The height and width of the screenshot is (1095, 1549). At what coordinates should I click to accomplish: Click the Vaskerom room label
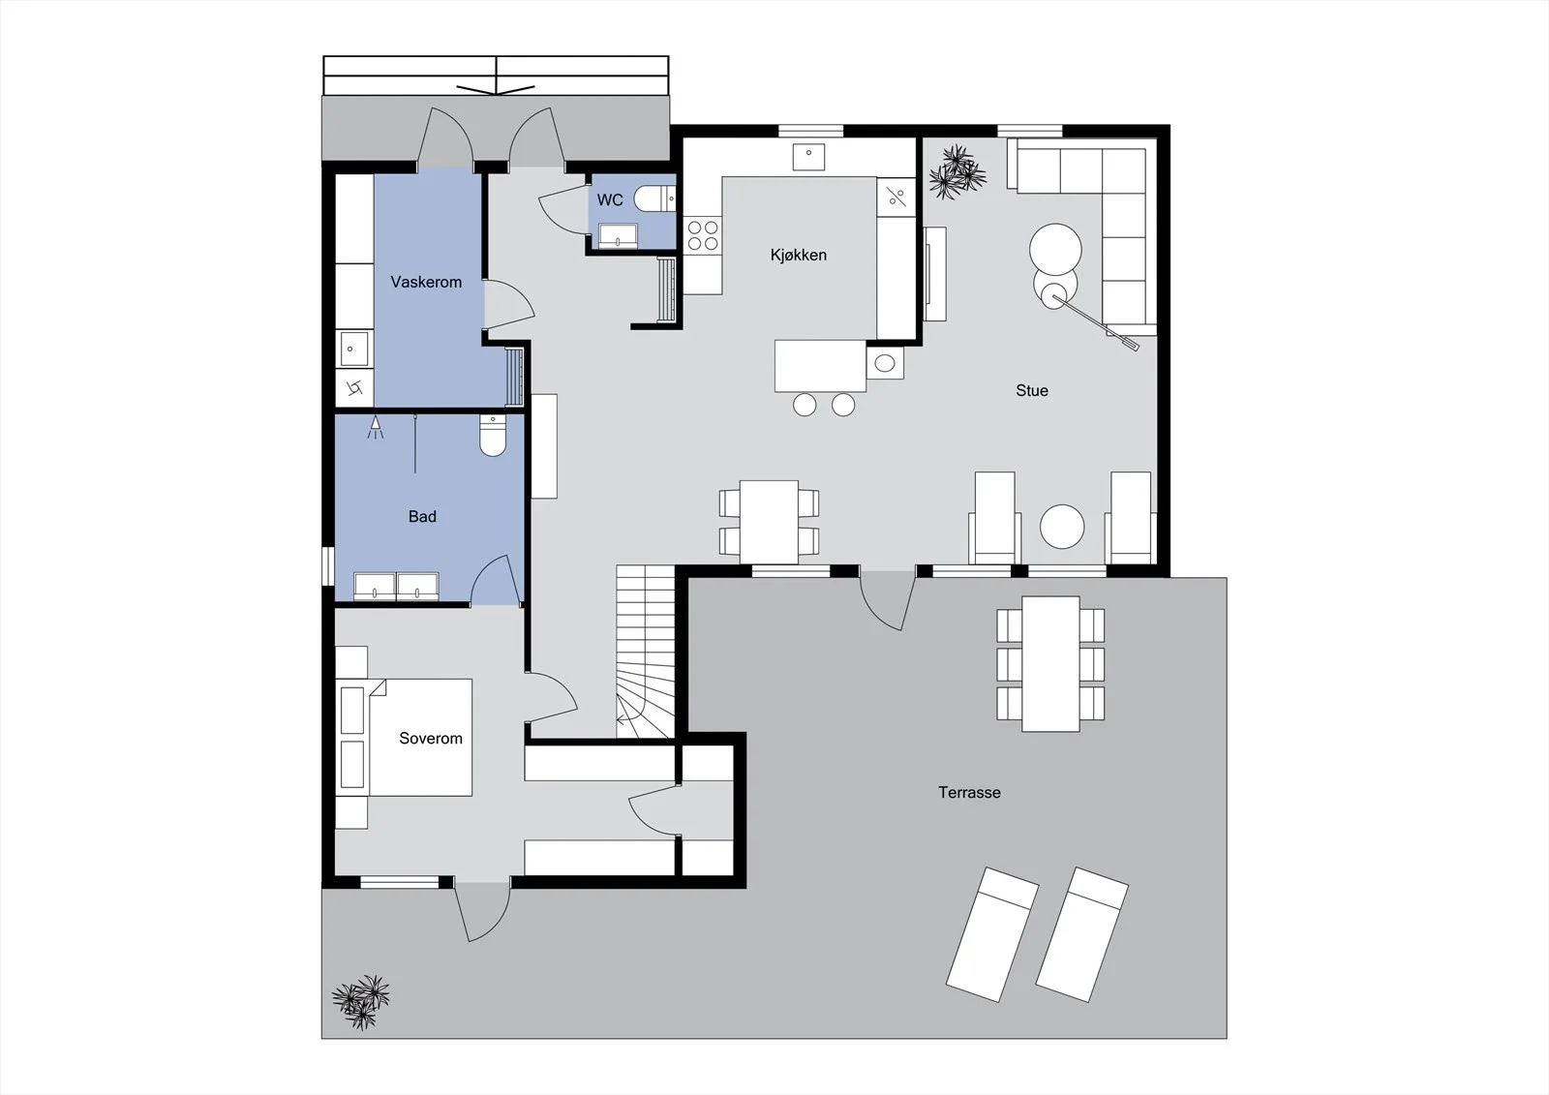click(x=426, y=283)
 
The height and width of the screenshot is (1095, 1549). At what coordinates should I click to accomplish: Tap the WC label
click(x=610, y=199)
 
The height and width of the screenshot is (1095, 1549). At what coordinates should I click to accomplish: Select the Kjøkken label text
click(x=799, y=256)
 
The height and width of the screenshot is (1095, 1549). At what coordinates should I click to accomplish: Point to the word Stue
click(x=1032, y=391)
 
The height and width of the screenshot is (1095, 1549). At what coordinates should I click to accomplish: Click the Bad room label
click(x=422, y=517)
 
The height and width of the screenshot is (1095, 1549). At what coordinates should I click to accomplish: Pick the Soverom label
click(x=431, y=738)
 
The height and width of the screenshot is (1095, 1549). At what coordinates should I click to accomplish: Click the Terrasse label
click(x=969, y=793)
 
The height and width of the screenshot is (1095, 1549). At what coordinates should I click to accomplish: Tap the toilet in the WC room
click(x=654, y=199)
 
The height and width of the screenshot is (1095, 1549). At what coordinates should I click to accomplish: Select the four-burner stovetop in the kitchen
click(x=703, y=235)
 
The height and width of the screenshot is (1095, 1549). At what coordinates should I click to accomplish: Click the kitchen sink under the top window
click(x=808, y=157)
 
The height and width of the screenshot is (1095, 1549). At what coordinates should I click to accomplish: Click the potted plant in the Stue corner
click(x=957, y=172)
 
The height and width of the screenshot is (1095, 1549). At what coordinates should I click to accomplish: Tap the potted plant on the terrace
click(x=361, y=1002)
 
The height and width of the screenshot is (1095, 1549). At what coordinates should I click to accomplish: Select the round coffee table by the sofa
click(x=1055, y=250)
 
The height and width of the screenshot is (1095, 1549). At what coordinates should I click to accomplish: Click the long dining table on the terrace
click(x=1050, y=664)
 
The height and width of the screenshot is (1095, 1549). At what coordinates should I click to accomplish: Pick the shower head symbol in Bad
click(x=376, y=428)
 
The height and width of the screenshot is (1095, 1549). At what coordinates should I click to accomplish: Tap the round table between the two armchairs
click(x=1062, y=527)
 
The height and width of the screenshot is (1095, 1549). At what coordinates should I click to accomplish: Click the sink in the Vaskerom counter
click(x=354, y=349)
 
